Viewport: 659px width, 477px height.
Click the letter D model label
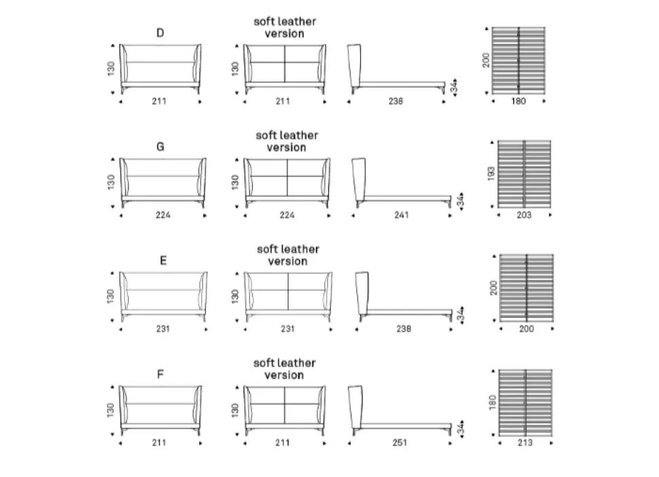click(x=160, y=33)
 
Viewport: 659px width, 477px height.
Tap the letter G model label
click(x=160, y=147)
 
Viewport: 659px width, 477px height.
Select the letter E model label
click(x=164, y=260)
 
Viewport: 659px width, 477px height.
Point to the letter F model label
click(x=160, y=374)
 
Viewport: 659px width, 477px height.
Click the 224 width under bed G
click(x=162, y=215)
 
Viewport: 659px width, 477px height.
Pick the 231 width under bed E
click(x=162, y=329)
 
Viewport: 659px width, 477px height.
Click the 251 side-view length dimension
click(x=399, y=442)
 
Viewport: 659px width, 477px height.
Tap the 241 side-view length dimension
click(x=402, y=215)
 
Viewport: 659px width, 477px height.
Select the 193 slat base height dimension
click(x=491, y=173)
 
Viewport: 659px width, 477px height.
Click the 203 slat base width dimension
click(x=524, y=215)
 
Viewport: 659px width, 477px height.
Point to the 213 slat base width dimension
click(x=525, y=442)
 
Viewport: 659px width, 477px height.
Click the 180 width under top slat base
click(x=518, y=101)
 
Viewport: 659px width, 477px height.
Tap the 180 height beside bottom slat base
click(x=493, y=402)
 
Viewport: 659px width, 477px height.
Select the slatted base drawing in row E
click(x=527, y=288)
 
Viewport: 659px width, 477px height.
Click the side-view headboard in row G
click(x=359, y=181)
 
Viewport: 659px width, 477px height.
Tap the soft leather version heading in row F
click(x=285, y=369)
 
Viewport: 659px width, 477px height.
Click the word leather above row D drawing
click(x=297, y=22)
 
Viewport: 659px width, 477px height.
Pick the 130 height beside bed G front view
click(x=111, y=182)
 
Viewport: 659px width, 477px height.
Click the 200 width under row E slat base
click(x=527, y=329)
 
